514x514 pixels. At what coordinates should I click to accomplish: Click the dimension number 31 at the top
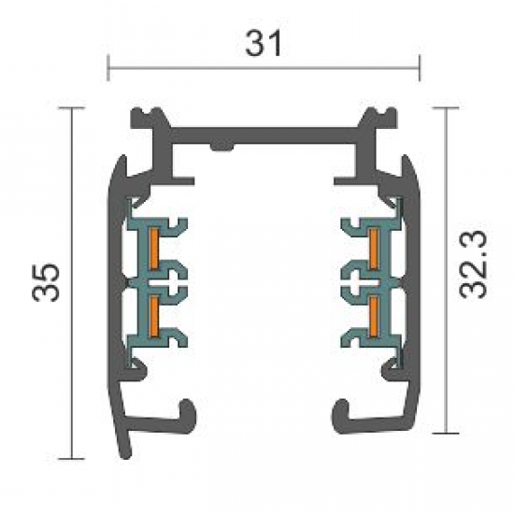tap(264, 43)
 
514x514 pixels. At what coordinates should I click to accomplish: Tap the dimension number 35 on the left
tap(46, 282)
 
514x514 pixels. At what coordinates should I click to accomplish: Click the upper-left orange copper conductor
tap(154, 249)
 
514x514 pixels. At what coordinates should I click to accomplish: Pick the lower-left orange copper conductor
tap(154, 317)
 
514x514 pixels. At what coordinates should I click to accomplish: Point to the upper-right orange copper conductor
tap(374, 249)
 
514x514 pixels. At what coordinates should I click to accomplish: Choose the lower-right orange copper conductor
tap(374, 317)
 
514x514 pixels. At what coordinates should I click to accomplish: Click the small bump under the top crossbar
tap(222, 147)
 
